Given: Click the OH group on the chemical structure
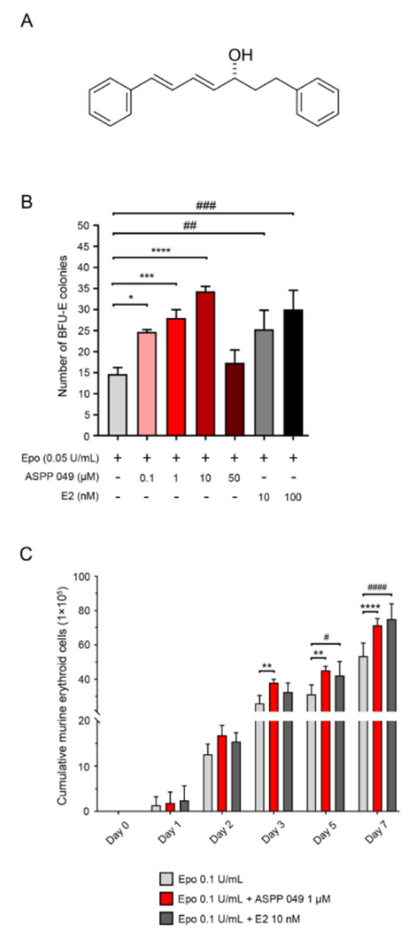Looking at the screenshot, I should pos(240,55).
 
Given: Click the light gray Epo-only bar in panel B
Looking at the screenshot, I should pos(118,404).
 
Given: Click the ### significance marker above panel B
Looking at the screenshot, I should pos(206,206).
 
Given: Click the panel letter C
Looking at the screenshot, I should pos(26,555).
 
